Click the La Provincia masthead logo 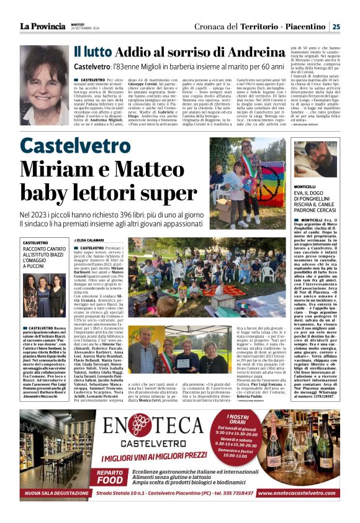pyautogui.click(x=43, y=26)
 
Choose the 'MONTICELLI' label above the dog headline pyautogui.click(x=305, y=187)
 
